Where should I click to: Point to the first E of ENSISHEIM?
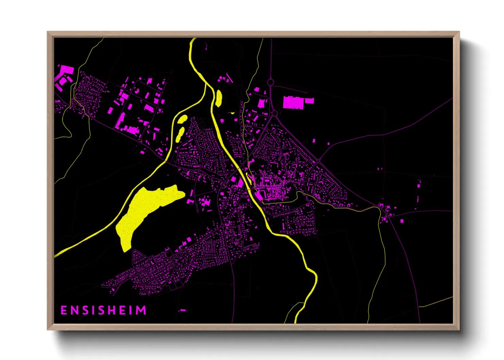(x=64, y=310)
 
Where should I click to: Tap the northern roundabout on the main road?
(x=270, y=82)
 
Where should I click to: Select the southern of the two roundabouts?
(x=274, y=113)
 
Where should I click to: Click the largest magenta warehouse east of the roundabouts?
(x=293, y=102)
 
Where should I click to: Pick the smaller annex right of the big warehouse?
(x=309, y=101)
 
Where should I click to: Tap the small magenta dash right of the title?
(x=183, y=310)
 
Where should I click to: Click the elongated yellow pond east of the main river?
(x=218, y=98)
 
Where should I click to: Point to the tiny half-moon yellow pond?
(x=232, y=113)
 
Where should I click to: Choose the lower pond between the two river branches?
(x=179, y=134)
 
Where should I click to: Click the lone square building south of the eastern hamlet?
(x=402, y=221)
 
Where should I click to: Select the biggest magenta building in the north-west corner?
(x=66, y=70)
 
